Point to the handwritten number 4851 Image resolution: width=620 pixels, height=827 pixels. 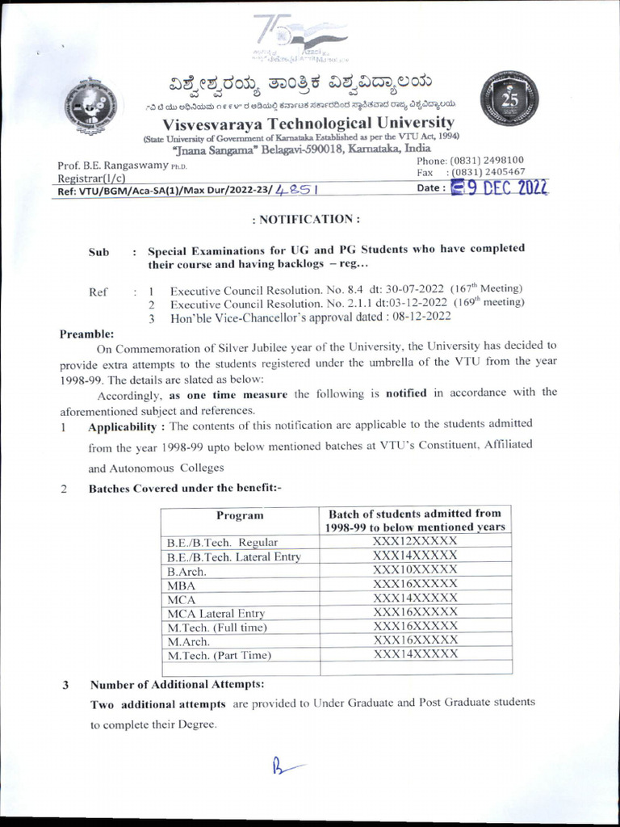coord(295,191)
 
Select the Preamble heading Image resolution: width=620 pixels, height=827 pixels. coord(87,334)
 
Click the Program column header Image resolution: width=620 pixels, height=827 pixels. coord(240,515)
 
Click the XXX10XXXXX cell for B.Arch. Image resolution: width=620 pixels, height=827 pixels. coord(415,570)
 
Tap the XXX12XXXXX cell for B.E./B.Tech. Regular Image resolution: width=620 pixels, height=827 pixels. coord(415,542)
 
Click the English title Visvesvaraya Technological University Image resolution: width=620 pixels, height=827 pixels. coord(308,123)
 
